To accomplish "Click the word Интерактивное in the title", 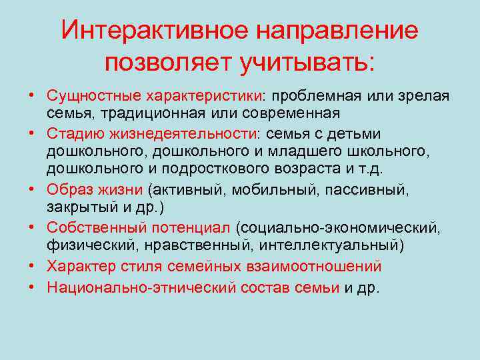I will point(155,31).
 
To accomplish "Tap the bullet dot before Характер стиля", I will point(31,266).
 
